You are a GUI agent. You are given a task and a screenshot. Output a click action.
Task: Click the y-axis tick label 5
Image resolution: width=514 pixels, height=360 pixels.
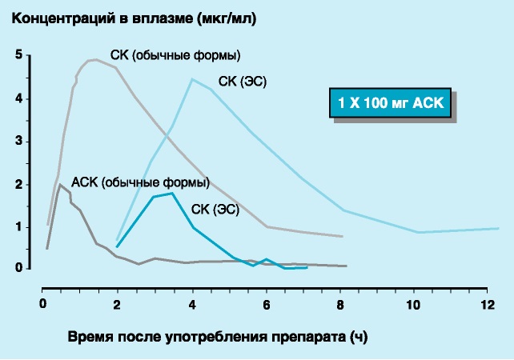pos(18,55)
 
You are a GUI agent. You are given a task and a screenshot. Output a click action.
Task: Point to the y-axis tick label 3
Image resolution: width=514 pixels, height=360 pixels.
pos(18,142)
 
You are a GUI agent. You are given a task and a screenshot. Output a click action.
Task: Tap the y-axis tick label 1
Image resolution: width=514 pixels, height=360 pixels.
pos(18,227)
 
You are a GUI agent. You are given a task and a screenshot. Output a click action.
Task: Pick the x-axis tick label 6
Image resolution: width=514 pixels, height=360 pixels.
pos(266,304)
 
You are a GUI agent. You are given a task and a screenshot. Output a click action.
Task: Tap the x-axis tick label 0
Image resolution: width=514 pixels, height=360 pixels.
pos(44,304)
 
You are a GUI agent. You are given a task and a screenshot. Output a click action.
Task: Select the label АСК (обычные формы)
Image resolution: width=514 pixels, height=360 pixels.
pos(140,182)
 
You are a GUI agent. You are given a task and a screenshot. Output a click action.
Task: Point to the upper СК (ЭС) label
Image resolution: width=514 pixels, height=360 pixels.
pos(243,81)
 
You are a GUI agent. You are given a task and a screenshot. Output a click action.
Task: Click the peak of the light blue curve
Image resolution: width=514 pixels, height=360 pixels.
pos(192,78)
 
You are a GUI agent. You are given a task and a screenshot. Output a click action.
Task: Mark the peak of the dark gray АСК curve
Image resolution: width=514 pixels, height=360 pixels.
pos(60,184)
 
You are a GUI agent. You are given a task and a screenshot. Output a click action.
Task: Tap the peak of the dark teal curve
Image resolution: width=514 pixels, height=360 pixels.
pos(172,193)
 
